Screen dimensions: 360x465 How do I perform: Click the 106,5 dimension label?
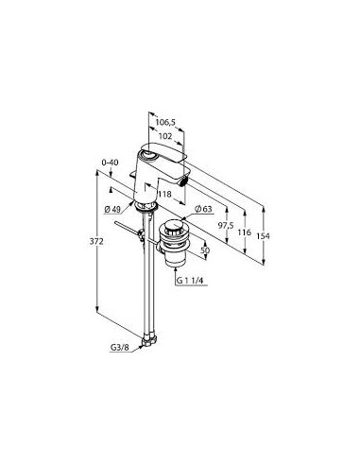click(165, 122)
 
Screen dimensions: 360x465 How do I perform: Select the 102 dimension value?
click(165, 136)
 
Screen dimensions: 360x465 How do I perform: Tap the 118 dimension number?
click(165, 194)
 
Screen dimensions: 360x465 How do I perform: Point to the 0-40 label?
click(110, 163)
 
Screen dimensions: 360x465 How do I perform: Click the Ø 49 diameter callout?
click(112, 209)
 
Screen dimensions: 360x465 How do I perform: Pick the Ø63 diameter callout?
click(203, 209)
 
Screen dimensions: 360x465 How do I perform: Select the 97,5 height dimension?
click(226, 225)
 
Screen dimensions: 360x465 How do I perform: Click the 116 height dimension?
click(244, 232)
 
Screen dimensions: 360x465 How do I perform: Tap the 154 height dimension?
click(263, 236)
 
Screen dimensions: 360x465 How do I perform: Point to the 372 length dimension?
click(96, 242)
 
